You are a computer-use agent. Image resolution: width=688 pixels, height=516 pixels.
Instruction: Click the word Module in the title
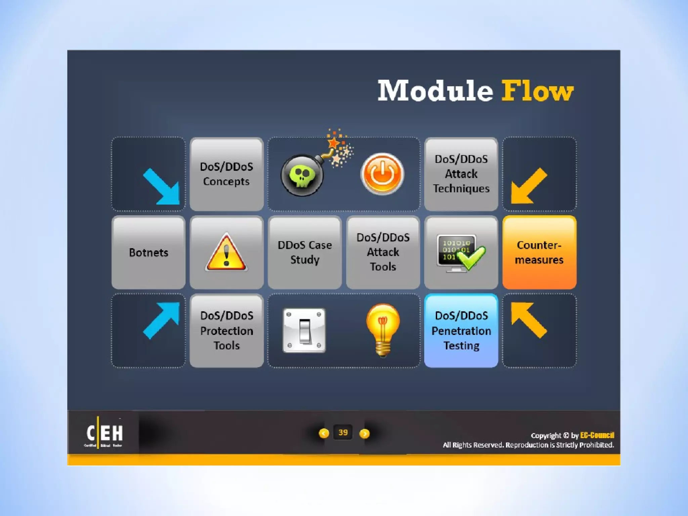coord(435,91)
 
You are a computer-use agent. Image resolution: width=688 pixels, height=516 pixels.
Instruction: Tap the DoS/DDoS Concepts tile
coord(226,174)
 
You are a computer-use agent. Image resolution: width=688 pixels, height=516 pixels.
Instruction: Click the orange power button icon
coord(382,174)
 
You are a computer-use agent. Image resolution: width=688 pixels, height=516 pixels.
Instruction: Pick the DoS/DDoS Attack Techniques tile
coord(461,174)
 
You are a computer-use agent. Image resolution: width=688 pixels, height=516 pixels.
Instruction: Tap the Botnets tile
coord(148,252)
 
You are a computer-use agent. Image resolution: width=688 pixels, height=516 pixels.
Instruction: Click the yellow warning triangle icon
coord(226,253)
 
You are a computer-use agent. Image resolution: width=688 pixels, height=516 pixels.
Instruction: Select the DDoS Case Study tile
coord(305,252)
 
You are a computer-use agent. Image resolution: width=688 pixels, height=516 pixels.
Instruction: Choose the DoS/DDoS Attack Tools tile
coord(383,252)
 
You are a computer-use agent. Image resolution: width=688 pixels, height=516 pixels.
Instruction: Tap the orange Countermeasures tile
coord(539,252)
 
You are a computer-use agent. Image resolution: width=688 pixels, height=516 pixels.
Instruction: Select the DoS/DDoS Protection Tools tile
coord(226,331)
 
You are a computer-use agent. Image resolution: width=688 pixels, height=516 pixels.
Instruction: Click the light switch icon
coord(304,331)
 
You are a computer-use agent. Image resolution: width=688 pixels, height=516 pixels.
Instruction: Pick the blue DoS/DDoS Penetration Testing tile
coord(461,331)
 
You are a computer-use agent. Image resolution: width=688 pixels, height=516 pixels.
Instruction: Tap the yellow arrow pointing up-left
coord(528,319)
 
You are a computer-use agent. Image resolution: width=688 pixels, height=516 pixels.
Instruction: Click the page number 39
coord(343,432)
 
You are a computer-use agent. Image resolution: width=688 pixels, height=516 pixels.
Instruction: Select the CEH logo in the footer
coord(104,433)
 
